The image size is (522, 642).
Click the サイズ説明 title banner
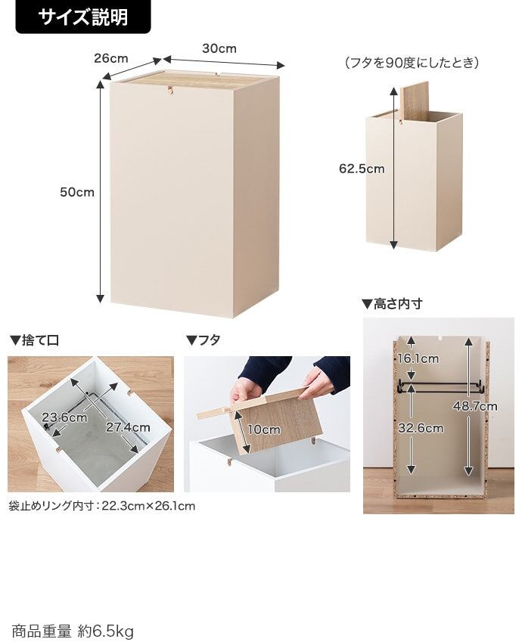pyautogui.click(x=83, y=17)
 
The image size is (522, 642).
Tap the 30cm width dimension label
pyautogui.click(x=219, y=48)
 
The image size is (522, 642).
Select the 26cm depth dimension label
pyautogui.click(x=111, y=58)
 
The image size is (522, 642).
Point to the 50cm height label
pyautogui.click(x=77, y=192)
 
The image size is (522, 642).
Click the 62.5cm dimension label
pyautogui.click(x=362, y=169)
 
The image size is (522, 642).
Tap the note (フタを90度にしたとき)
pyautogui.click(x=412, y=63)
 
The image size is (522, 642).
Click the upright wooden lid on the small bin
pyautogui.click(x=414, y=101)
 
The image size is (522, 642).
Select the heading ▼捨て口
pyautogui.click(x=34, y=340)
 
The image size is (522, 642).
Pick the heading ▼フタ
pyautogui.click(x=204, y=340)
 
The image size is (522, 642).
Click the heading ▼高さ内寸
pyautogui.click(x=392, y=304)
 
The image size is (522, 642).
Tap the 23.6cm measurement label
pyautogui.click(x=64, y=417)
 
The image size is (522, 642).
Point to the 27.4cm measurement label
pyautogui.click(x=128, y=427)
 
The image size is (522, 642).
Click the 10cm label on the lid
pyautogui.click(x=264, y=430)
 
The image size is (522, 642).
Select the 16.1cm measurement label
pyautogui.click(x=418, y=358)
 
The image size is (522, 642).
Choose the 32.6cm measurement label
pyautogui.click(x=421, y=428)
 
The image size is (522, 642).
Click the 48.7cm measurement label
pyautogui.click(x=475, y=406)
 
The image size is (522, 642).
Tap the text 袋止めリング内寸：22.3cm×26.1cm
pyautogui.click(x=101, y=506)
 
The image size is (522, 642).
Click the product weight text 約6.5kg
pyautogui.click(x=106, y=631)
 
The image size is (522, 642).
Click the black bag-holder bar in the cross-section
pyautogui.click(x=440, y=386)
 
